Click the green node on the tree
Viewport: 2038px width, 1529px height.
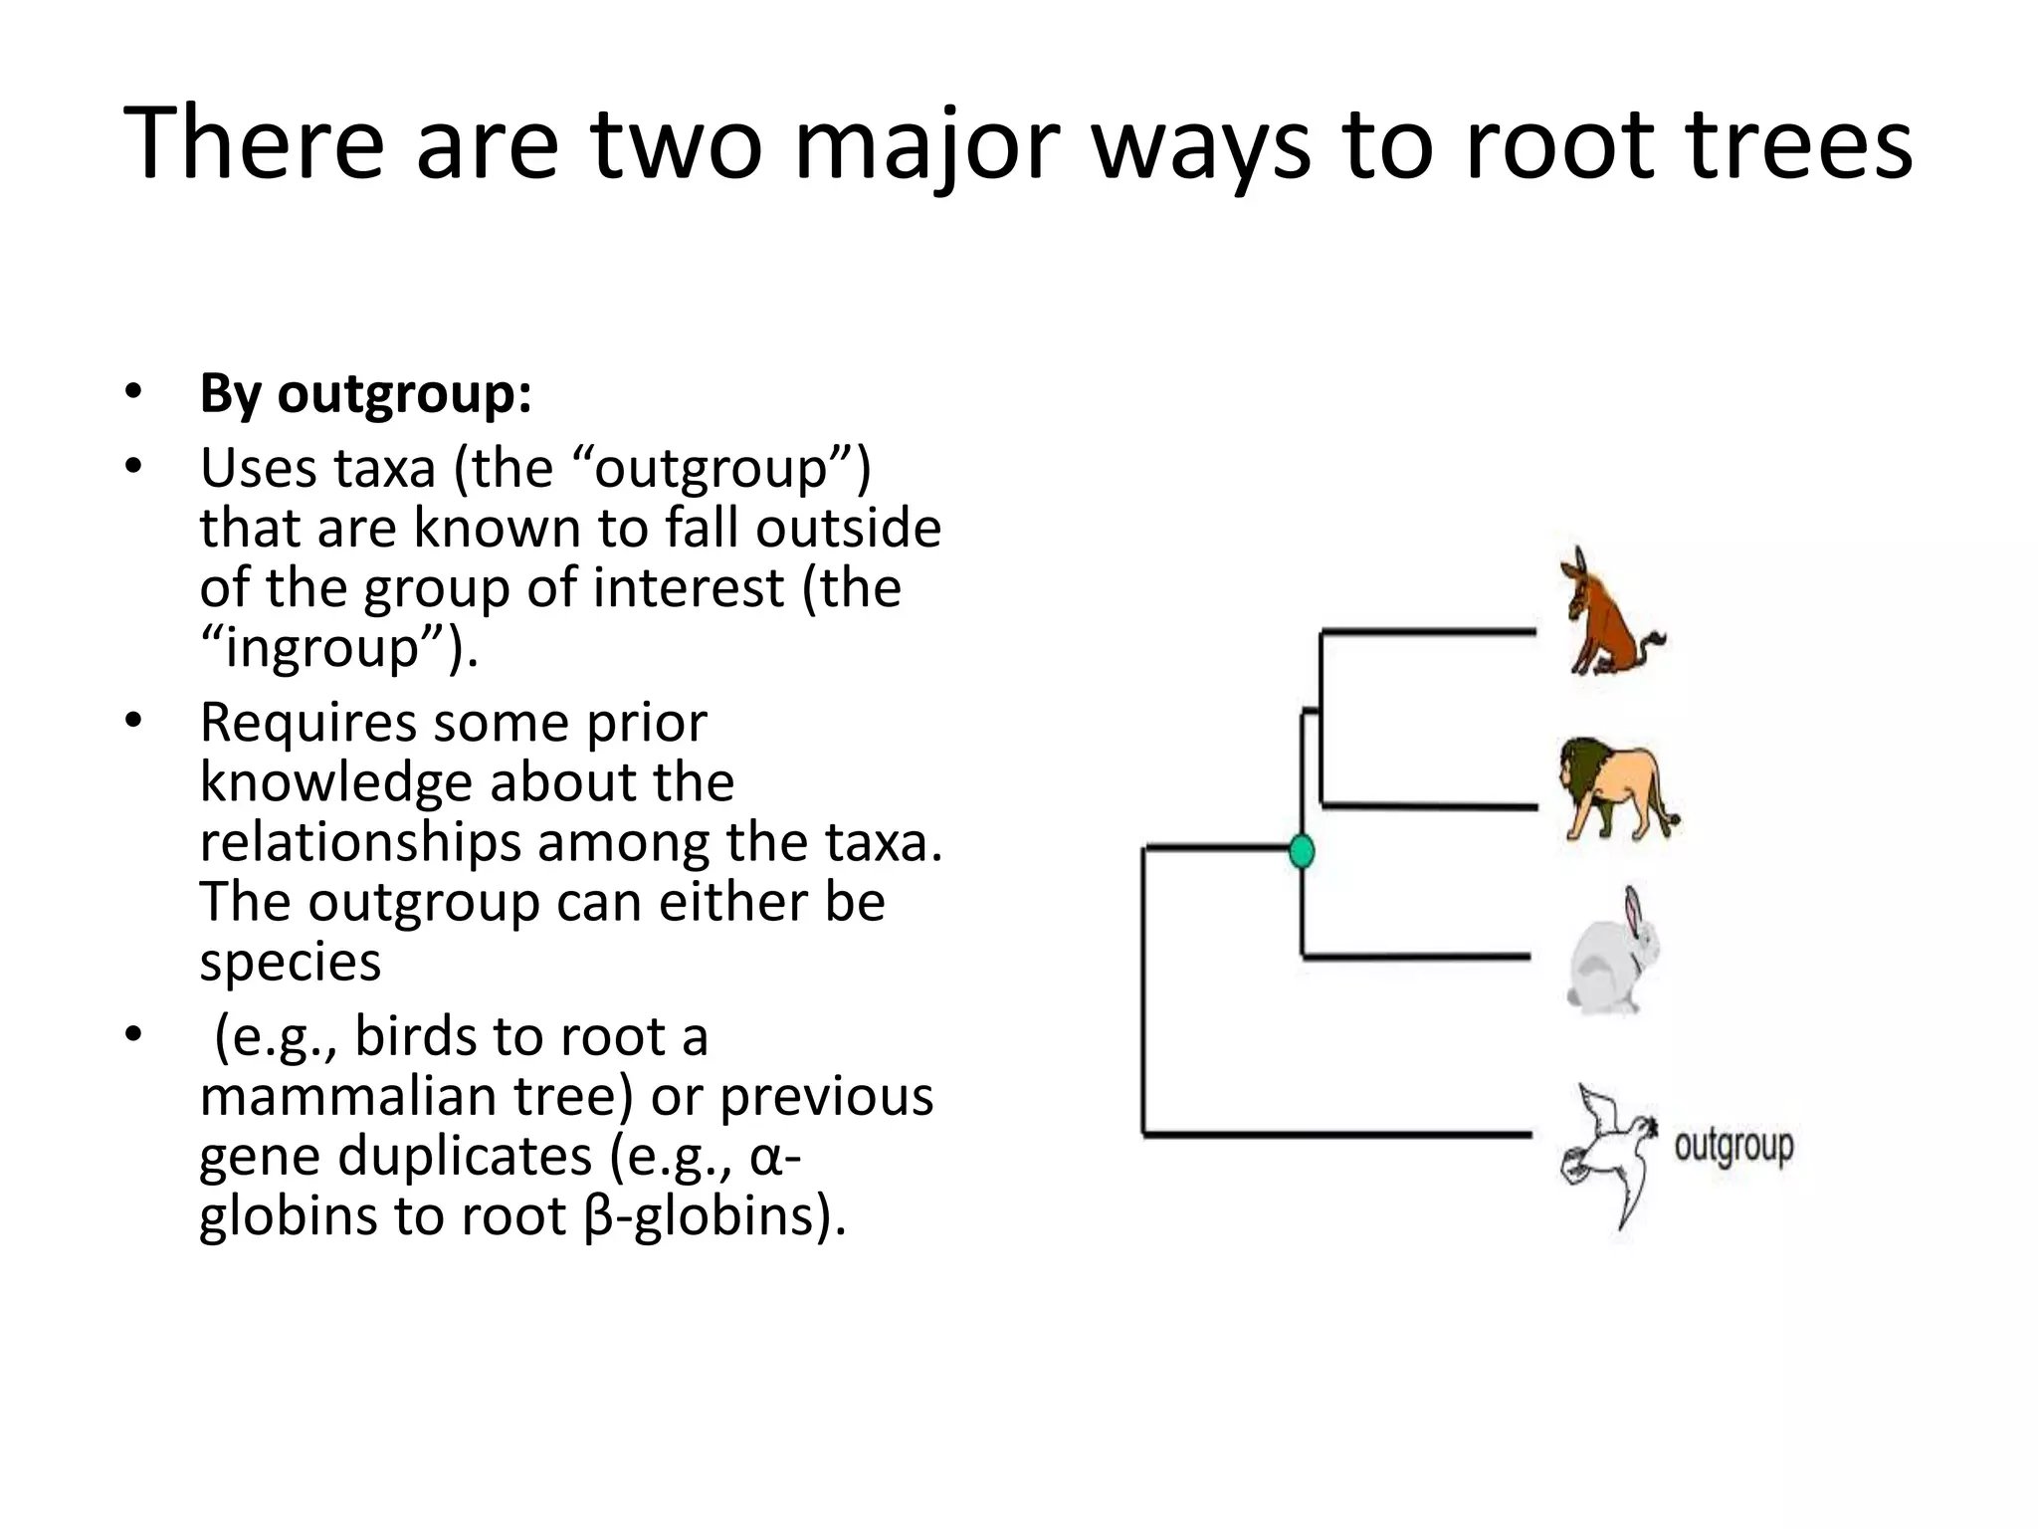tap(1302, 852)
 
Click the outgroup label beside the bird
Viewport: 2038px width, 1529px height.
tap(1733, 1147)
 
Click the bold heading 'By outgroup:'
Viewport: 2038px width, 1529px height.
tap(365, 393)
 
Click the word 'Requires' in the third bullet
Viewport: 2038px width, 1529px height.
tap(307, 723)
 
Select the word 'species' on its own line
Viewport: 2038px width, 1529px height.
tap(290, 963)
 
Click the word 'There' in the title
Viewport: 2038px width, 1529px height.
tap(253, 145)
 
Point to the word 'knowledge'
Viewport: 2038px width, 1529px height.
tap(333, 782)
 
